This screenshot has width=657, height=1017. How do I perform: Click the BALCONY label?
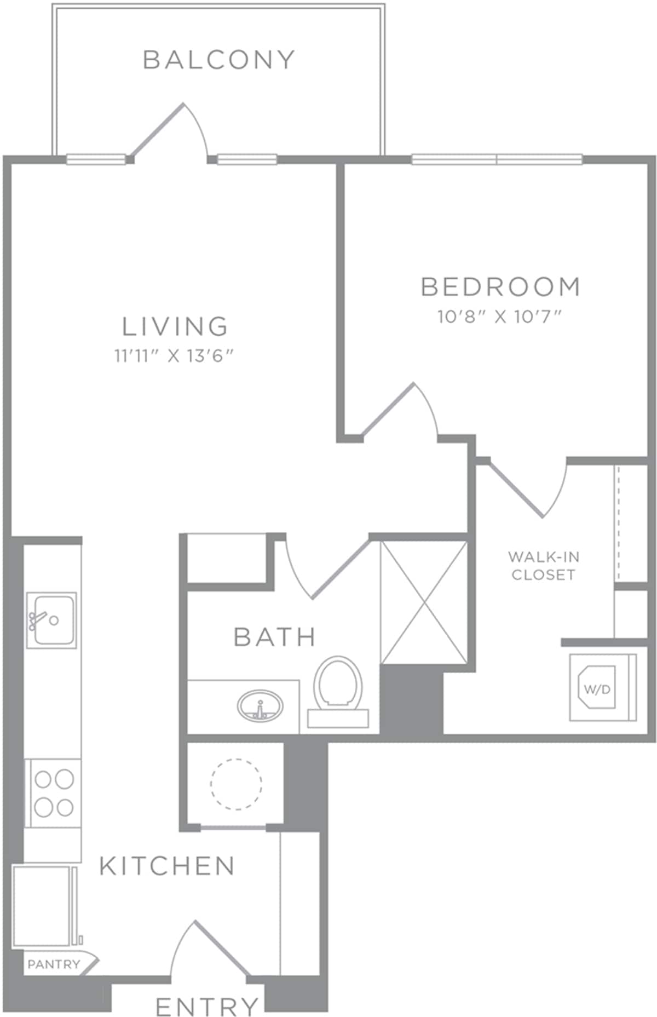pos(219,59)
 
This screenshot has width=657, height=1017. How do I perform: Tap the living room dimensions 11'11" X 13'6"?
pos(174,357)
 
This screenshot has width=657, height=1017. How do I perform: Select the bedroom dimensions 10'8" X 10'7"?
pos(500,317)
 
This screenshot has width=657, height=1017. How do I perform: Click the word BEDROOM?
pos(500,287)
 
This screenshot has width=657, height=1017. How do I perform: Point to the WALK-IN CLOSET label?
pos(543,566)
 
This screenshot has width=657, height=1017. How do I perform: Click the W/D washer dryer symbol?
pos(598,688)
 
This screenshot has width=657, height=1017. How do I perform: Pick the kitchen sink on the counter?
pos(52,620)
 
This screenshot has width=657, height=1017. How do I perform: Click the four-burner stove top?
pos(54,792)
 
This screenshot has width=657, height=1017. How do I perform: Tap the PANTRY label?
pos(54,963)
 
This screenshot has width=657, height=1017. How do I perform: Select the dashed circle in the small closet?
pos(236,784)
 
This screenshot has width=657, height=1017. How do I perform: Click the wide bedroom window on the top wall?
pos(497,159)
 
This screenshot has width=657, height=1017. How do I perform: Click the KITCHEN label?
pos(168,866)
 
